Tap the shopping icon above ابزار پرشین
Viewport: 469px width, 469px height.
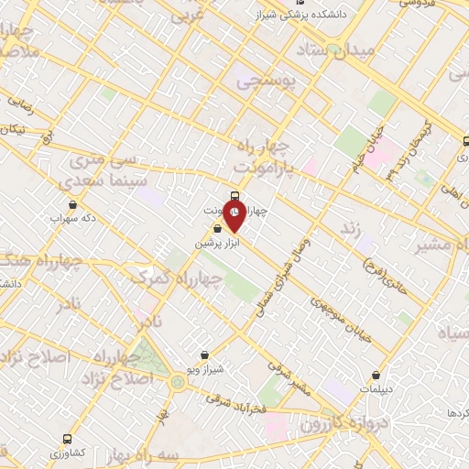pos(217,229)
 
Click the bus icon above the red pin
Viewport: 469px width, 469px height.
pos(235,196)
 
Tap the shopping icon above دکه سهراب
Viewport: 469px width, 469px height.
pos(72,205)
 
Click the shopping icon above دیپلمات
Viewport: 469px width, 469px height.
pos(377,374)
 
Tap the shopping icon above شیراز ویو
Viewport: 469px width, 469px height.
pos(203,354)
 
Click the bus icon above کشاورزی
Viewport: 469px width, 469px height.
pos(67,439)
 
